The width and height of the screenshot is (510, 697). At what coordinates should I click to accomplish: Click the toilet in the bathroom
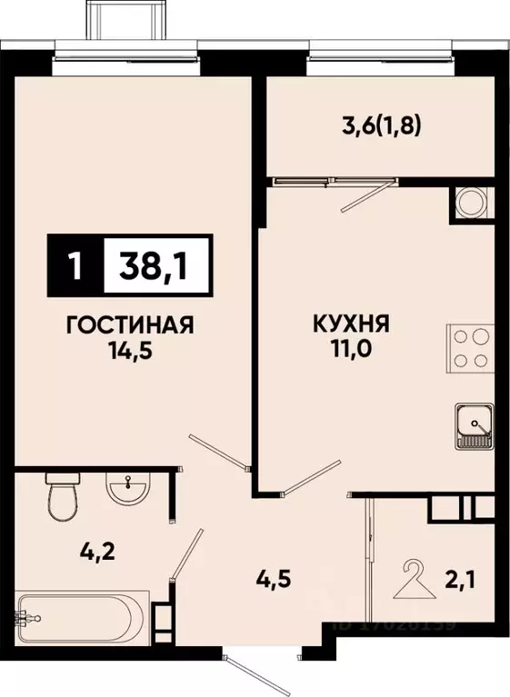62,497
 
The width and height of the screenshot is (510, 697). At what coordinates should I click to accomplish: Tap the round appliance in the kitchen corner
471,201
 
